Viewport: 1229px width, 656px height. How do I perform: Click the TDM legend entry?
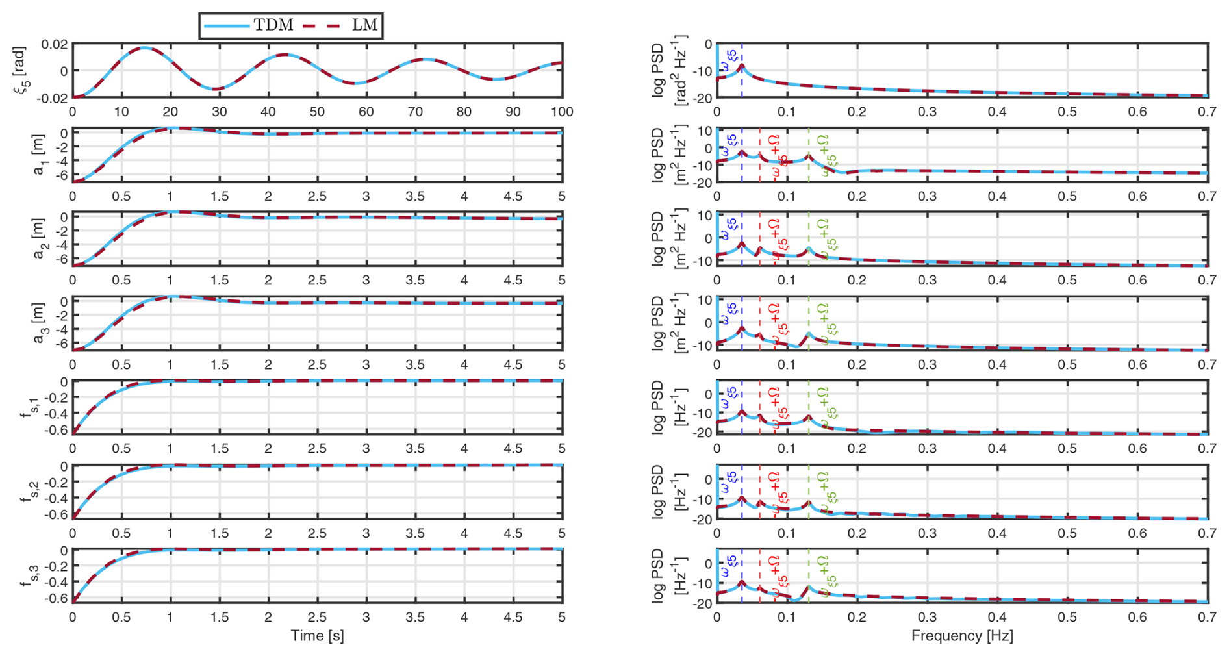pos(249,25)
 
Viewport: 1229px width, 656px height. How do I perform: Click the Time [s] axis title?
pos(317,635)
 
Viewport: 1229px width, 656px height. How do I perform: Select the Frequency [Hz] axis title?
pos(962,635)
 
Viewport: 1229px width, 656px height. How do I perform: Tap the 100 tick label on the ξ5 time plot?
pos(562,112)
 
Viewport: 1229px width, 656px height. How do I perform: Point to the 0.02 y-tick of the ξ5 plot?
pos(54,44)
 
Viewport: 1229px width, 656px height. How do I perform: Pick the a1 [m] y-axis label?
pos(39,155)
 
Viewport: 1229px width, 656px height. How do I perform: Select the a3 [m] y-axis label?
pos(39,323)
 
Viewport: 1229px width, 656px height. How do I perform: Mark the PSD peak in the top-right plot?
pos(741,66)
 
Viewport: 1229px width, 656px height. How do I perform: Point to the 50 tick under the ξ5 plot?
pos(317,112)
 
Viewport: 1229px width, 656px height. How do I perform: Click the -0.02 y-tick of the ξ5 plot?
pos(52,97)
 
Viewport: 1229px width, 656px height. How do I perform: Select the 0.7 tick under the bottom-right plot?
pos(1207,616)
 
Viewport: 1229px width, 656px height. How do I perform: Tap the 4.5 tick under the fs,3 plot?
pos(513,616)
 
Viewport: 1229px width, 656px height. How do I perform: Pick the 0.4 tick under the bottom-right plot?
pos(997,616)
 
